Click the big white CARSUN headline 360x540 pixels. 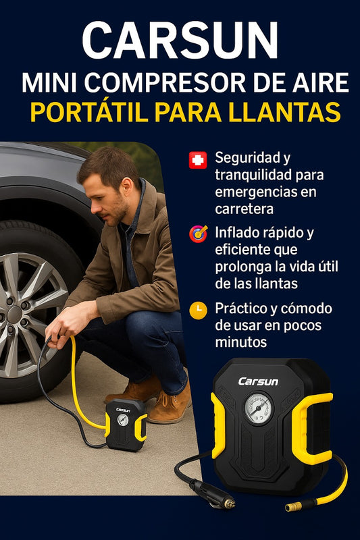(x=180, y=41)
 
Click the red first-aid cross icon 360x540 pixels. (x=198, y=160)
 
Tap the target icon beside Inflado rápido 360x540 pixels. (x=198, y=234)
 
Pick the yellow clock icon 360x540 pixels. (x=198, y=310)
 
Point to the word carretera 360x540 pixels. (x=245, y=209)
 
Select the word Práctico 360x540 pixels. (x=241, y=308)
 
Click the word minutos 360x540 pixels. (x=241, y=342)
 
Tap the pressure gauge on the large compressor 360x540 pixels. (x=259, y=408)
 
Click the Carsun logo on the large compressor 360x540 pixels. (x=258, y=381)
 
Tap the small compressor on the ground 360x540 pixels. (x=126, y=425)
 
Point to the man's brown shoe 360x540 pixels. (x=170, y=406)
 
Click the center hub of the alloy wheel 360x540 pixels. (x=14, y=314)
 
